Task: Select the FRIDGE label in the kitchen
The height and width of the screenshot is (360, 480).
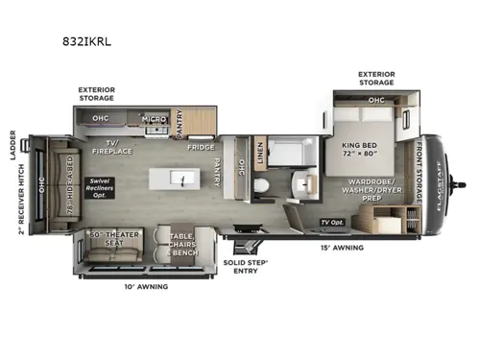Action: [x=201, y=147]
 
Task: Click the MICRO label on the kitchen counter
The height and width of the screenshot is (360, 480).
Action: [x=155, y=119]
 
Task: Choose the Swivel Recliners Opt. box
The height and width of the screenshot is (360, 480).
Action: [x=100, y=187]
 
